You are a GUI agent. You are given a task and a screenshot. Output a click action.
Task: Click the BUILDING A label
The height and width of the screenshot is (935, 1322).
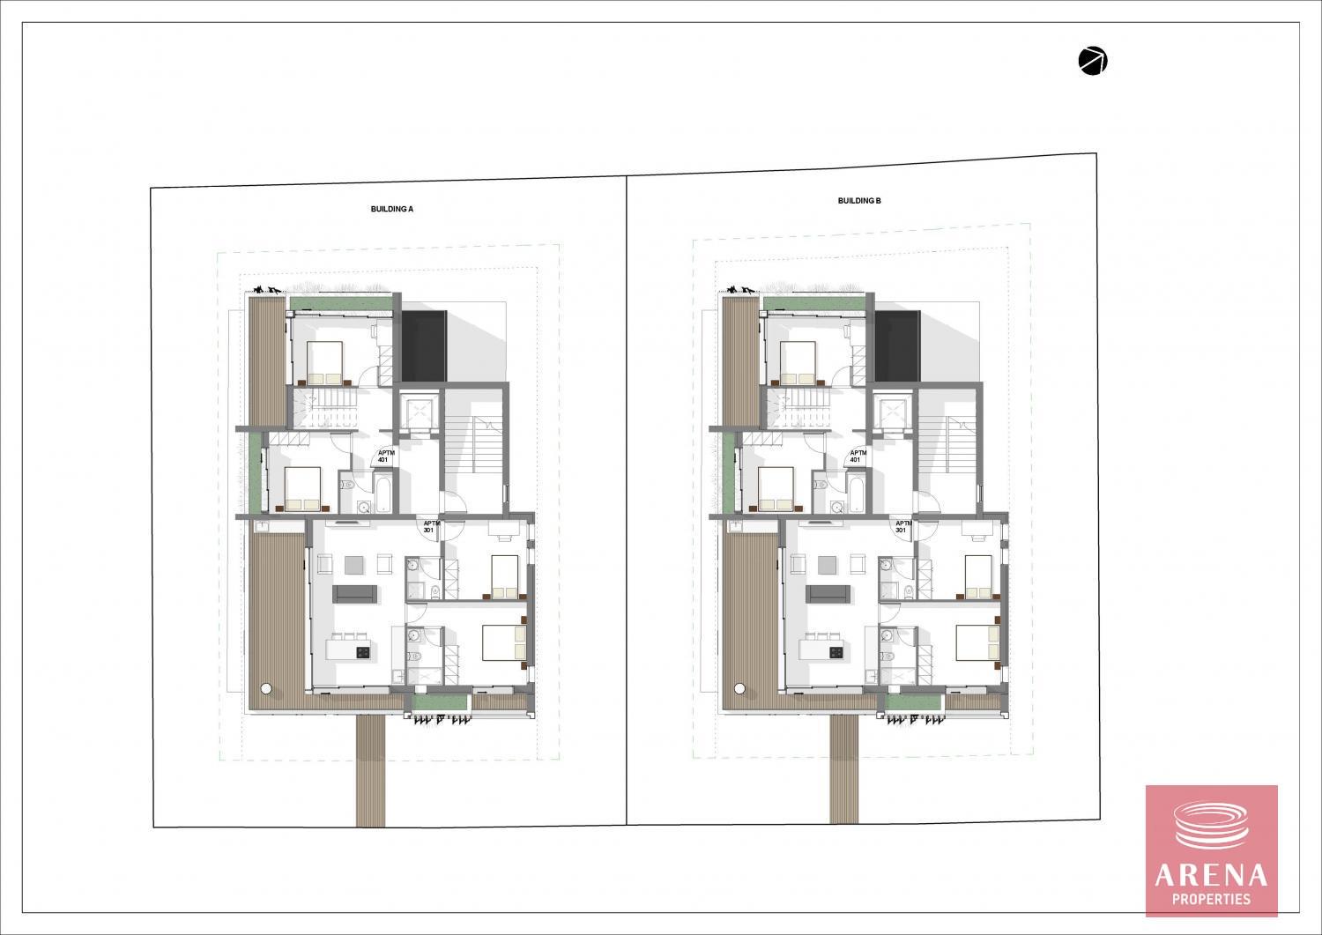pos(392,209)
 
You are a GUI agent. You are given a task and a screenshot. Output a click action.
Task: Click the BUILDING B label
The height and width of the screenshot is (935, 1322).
pos(859,201)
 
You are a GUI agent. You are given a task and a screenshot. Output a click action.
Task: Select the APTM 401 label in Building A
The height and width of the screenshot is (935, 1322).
pos(383,456)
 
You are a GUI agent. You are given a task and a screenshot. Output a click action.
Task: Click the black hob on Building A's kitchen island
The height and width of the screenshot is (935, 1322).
pos(363,652)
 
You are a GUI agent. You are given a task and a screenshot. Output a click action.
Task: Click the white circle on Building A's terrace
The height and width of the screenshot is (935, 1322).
pos(266,688)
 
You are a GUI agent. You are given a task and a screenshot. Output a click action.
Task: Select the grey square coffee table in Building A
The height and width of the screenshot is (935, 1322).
pos(355,564)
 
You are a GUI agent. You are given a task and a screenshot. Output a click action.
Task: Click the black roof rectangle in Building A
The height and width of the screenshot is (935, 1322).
pos(424,346)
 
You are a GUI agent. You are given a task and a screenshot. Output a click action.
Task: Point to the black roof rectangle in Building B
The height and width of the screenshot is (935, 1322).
pos(897,346)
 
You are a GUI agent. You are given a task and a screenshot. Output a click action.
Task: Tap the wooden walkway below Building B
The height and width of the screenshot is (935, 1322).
pos(844,769)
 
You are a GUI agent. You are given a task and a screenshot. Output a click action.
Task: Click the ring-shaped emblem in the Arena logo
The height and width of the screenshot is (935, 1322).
pos(1212,825)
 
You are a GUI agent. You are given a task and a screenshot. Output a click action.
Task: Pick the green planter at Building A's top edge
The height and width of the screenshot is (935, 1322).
pos(340,303)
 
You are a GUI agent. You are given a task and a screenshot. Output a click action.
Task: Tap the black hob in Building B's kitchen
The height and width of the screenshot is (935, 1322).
pos(836,652)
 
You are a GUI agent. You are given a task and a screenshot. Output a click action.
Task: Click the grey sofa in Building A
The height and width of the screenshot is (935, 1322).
pos(354,595)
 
